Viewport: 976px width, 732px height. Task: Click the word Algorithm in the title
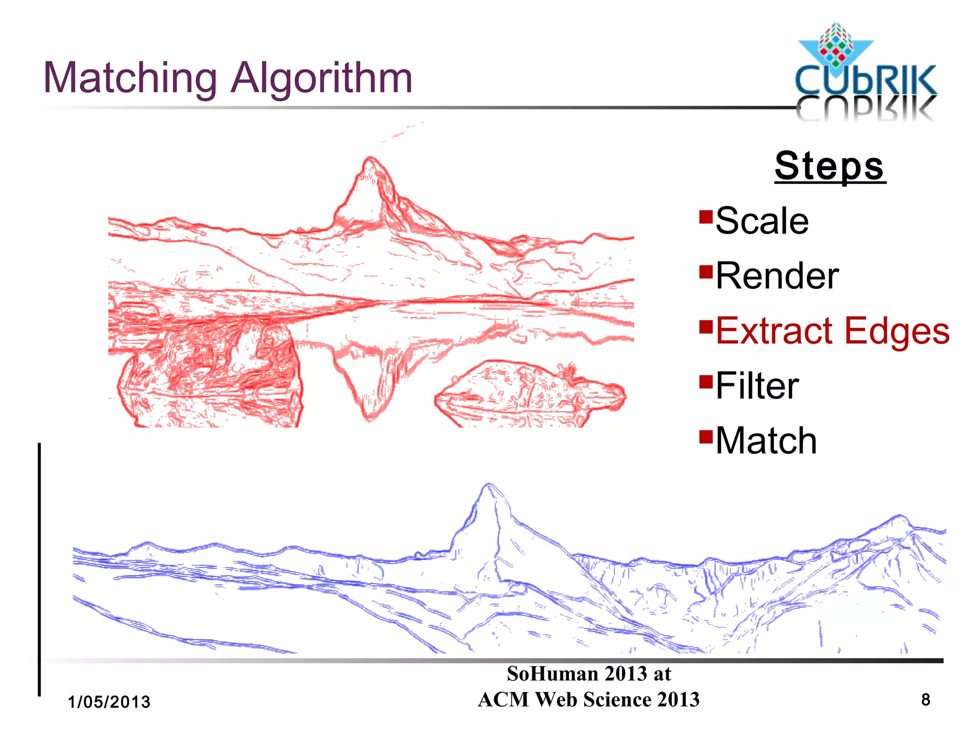coord(322,79)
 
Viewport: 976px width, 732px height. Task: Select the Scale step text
coord(762,221)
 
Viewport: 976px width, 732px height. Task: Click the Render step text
coord(777,276)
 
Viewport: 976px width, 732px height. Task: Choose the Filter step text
coord(757,386)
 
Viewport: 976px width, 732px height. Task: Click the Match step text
coord(766,441)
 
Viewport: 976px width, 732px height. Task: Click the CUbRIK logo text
coord(865,81)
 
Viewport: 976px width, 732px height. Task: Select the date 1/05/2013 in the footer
coord(109,702)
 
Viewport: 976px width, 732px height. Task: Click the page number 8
coord(925,700)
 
